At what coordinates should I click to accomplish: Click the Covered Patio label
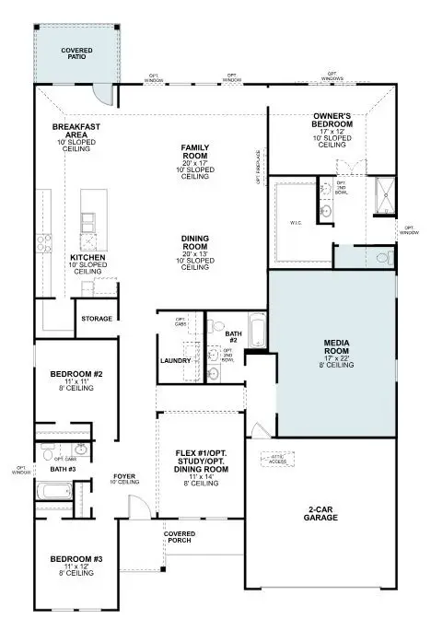76,53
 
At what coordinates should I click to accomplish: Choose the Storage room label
97,319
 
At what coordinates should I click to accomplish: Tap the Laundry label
174,361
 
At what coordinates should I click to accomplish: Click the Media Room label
335,345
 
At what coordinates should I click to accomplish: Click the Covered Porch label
179,538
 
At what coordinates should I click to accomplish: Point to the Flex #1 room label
202,454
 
